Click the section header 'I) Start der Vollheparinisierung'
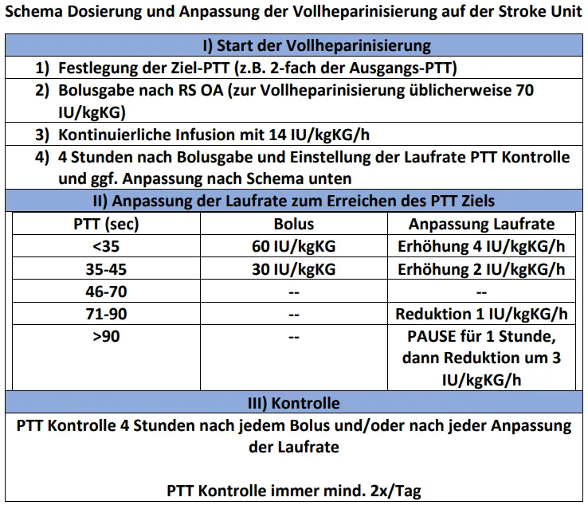[x=295, y=45]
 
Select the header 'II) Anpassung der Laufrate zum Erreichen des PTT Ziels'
[x=295, y=200]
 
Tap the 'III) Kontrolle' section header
[x=295, y=403]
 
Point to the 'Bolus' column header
[x=293, y=224]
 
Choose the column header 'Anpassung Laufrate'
[x=481, y=224]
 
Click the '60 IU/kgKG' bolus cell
[x=293, y=246]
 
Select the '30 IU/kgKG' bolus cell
[x=293, y=268]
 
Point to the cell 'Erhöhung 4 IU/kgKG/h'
[x=481, y=246]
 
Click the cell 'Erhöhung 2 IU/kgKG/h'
[x=481, y=268]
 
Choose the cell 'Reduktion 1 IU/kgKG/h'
[x=481, y=314]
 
